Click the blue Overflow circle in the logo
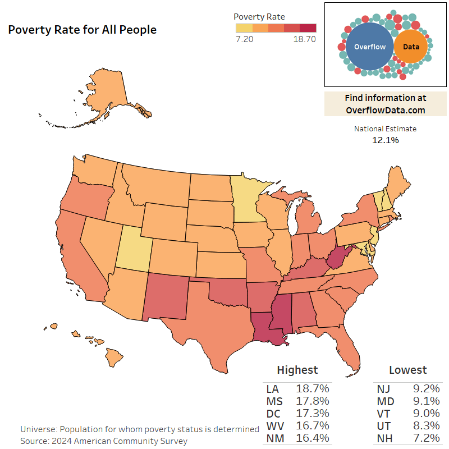(x=369, y=47)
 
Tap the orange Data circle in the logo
(x=411, y=47)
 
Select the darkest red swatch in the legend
(x=308, y=28)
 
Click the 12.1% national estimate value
(x=385, y=140)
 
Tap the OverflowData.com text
(x=385, y=110)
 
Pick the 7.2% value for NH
(x=424, y=438)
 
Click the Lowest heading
(x=407, y=370)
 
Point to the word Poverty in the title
(x=29, y=30)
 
